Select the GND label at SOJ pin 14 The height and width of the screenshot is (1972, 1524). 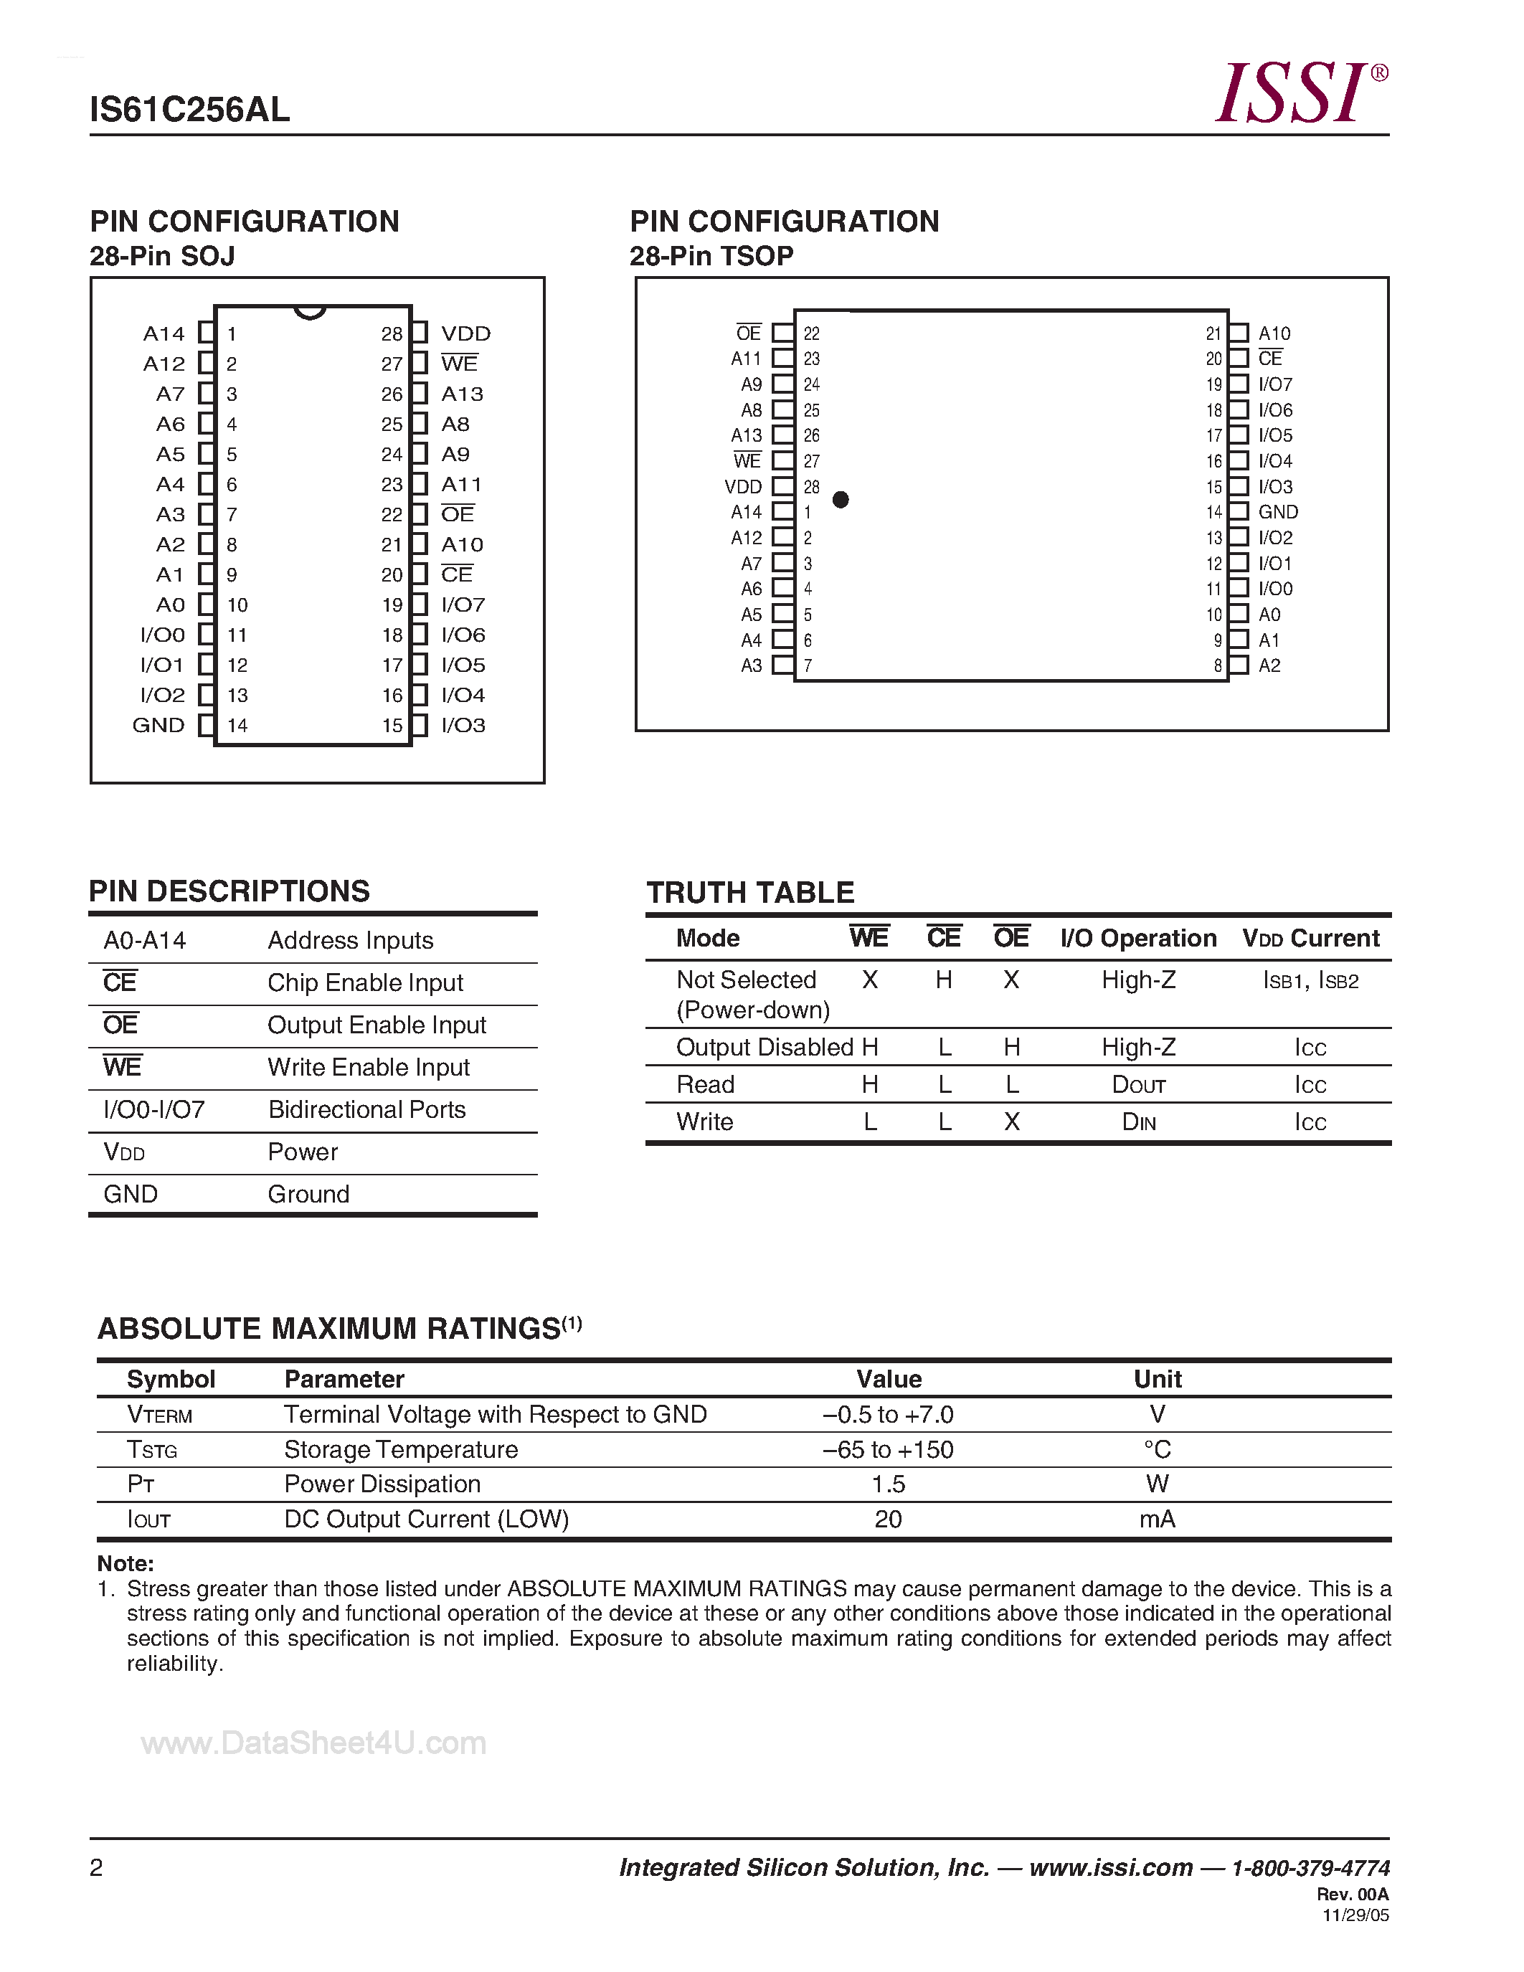(x=159, y=726)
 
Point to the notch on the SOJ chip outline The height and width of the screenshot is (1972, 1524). (x=310, y=313)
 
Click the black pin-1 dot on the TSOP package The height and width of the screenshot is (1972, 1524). (x=841, y=499)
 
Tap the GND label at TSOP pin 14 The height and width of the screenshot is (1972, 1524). (x=1277, y=512)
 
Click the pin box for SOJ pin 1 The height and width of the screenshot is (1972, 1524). (x=207, y=333)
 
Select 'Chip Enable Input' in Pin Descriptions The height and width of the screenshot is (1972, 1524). (x=365, y=983)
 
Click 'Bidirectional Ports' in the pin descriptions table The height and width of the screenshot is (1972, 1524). (x=366, y=1110)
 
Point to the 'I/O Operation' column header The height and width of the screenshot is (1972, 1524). (x=1137, y=938)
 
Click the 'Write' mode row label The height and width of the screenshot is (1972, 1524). (x=705, y=1122)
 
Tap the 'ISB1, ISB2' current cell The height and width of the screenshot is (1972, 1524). (x=1310, y=980)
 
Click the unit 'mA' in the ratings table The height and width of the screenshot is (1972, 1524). (x=1157, y=1520)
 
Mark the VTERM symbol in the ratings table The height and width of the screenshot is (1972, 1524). (x=160, y=1415)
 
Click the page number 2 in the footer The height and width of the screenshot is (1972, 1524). (x=97, y=1867)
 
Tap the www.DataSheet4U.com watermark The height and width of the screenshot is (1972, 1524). (x=313, y=1743)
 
